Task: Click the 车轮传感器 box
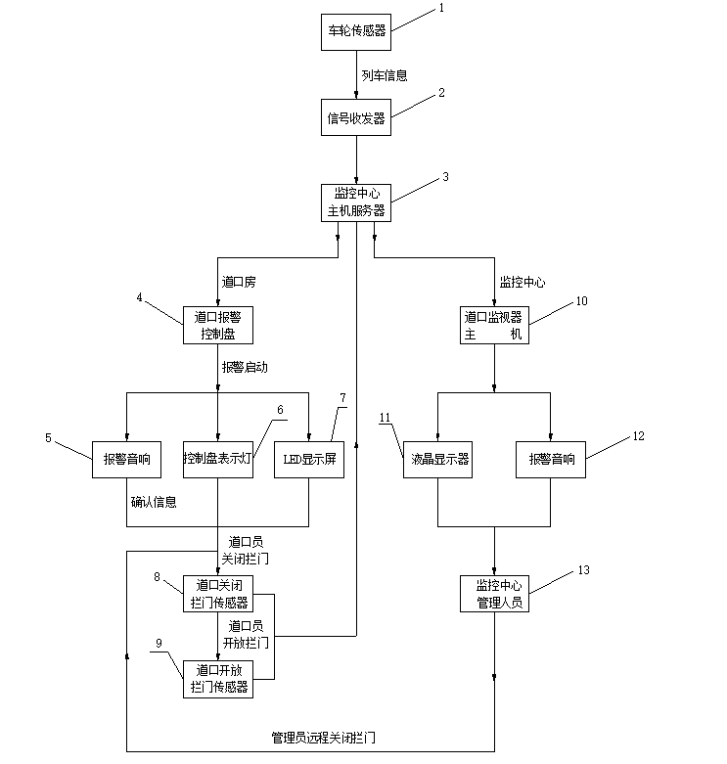[x=356, y=31]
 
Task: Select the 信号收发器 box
[x=356, y=118]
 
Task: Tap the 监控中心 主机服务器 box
[x=356, y=202]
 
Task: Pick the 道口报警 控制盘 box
[x=217, y=326]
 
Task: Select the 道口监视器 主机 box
[x=494, y=326]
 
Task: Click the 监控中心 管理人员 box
[x=494, y=594]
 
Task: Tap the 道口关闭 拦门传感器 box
[x=217, y=594]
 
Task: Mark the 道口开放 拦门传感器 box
[x=217, y=679]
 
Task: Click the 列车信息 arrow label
[x=384, y=74]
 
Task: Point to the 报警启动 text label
[x=245, y=368]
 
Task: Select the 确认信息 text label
[x=154, y=503]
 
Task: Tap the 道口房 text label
[x=239, y=282]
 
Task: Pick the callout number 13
[x=584, y=569]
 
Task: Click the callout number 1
[x=440, y=8]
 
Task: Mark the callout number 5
[x=48, y=438]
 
